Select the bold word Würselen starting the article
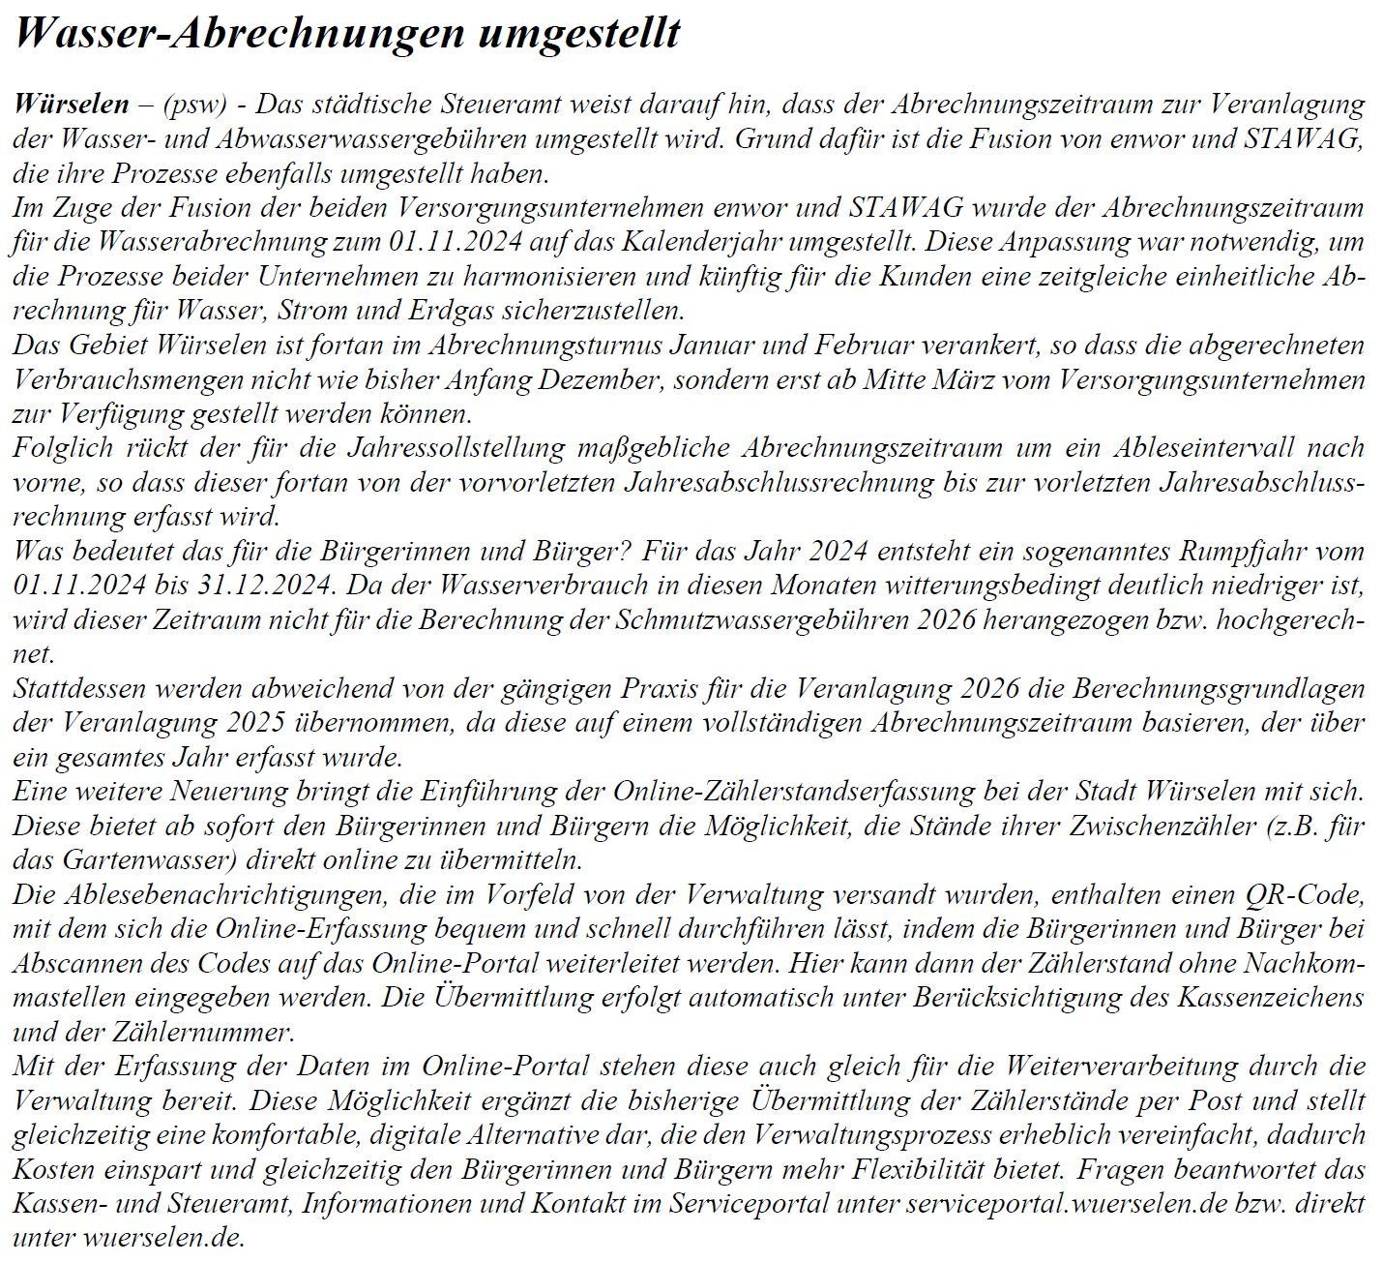click(71, 104)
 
